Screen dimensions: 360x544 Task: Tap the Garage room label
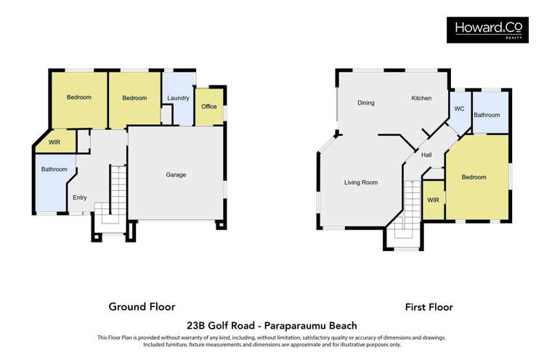pyautogui.click(x=176, y=175)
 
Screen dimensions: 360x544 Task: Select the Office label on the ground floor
pyautogui.click(x=209, y=107)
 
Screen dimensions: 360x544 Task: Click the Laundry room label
pyautogui.click(x=178, y=98)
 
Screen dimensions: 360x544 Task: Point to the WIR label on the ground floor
pyautogui.click(x=54, y=142)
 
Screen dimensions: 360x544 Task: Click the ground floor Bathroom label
pyautogui.click(x=54, y=170)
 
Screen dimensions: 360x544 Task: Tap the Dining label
pyautogui.click(x=366, y=103)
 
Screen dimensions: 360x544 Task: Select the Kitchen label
pyautogui.click(x=421, y=98)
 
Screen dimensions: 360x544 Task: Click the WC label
pyautogui.click(x=459, y=109)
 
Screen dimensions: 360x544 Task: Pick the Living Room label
pyautogui.click(x=361, y=183)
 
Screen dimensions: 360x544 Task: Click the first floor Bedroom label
pyautogui.click(x=474, y=177)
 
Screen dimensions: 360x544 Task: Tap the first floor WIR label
pyautogui.click(x=433, y=200)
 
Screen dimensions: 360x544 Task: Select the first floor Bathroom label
pyautogui.click(x=487, y=115)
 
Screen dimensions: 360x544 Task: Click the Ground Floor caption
pyautogui.click(x=142, y=307)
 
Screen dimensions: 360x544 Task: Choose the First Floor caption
pyautogui.click(x=429, y=307)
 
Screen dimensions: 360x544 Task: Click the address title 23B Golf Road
pyautogui.click(x=271, y=326)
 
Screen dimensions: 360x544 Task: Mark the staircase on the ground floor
pyautogui.click(x=116, y=192)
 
